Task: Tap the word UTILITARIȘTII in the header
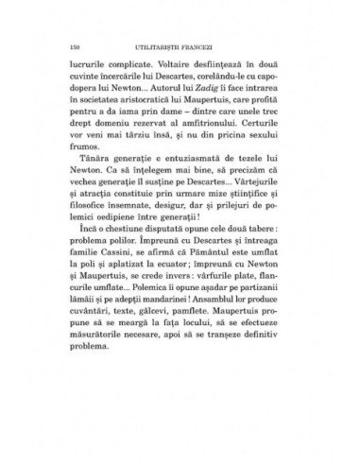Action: (167, 46)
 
